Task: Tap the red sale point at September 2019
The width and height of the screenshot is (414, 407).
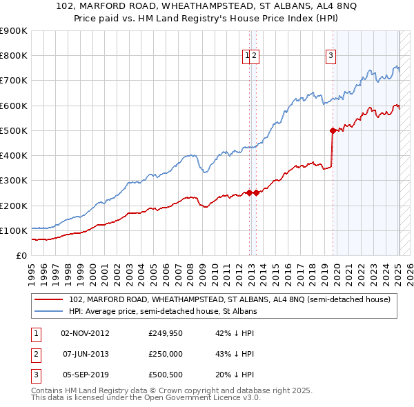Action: point(333,130)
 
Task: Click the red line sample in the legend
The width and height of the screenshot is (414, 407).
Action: point(48,299)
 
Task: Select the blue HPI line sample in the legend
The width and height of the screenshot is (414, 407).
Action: point(48,311)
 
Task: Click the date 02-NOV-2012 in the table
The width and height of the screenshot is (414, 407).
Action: point(85,333)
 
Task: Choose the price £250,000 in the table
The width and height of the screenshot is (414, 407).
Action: point(166,354)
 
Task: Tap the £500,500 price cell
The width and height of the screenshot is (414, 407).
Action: point(166,375)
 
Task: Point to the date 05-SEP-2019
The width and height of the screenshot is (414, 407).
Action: point(85,375)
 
